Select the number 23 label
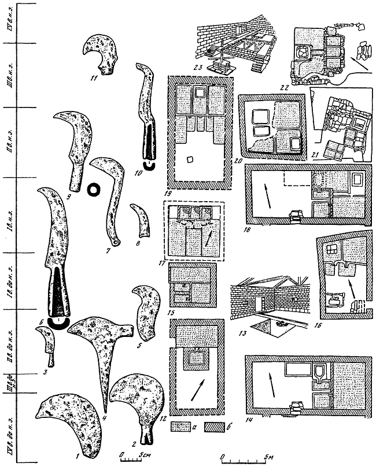pos(215,67)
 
